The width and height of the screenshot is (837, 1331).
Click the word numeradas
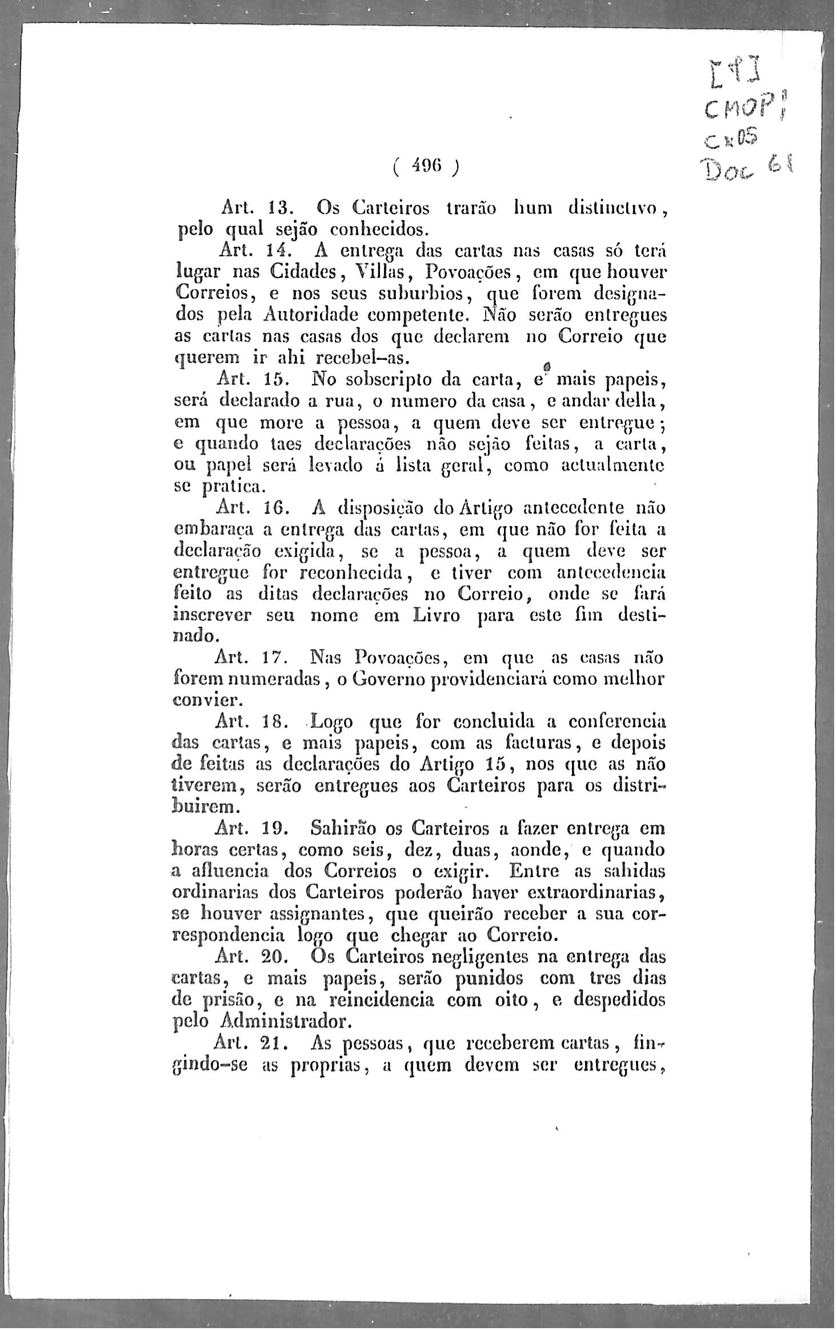277,680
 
